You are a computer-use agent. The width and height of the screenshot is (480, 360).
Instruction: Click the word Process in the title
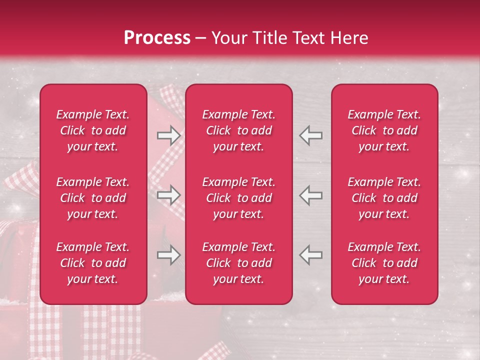(157, 38)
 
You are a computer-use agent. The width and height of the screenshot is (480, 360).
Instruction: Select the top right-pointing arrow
(168, 135)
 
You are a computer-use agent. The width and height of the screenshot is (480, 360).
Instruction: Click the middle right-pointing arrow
(168, 195)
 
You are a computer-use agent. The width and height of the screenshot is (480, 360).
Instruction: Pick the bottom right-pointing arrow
(168, 255)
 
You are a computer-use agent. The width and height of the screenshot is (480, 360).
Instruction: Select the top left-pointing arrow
(310, 135)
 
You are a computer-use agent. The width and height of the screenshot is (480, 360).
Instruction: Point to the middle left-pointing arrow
(310, 195)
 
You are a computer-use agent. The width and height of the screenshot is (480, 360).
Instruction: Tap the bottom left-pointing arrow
(310, 255)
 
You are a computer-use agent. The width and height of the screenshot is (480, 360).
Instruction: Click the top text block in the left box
(93, 130)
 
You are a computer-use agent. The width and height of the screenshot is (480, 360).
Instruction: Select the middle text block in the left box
(93, 198)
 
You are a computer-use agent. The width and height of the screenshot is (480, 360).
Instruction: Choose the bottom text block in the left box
(93, 263)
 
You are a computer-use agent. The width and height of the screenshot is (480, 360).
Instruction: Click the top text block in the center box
(239, 130)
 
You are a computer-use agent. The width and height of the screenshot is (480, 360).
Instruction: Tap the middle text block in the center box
(239, 198)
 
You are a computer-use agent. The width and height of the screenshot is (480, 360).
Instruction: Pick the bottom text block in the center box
(239, 263)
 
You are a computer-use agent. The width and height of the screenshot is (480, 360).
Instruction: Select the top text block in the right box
(384, 130)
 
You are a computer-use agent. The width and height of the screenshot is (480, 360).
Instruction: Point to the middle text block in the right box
(384, 198)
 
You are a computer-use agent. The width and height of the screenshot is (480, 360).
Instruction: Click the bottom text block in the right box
(384, 263)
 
